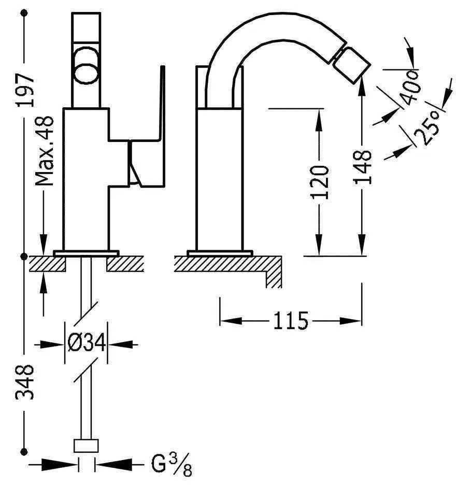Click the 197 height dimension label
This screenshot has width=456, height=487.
pos(25,90)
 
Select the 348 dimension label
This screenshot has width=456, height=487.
pos(25,381)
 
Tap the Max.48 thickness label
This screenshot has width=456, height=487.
pos(46,151)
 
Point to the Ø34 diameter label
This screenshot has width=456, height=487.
pos(86,343)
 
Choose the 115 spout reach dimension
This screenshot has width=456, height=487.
pos(291,321)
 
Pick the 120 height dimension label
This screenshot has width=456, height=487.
pos(320,182)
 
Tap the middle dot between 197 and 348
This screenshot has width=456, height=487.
pos(25,256)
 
